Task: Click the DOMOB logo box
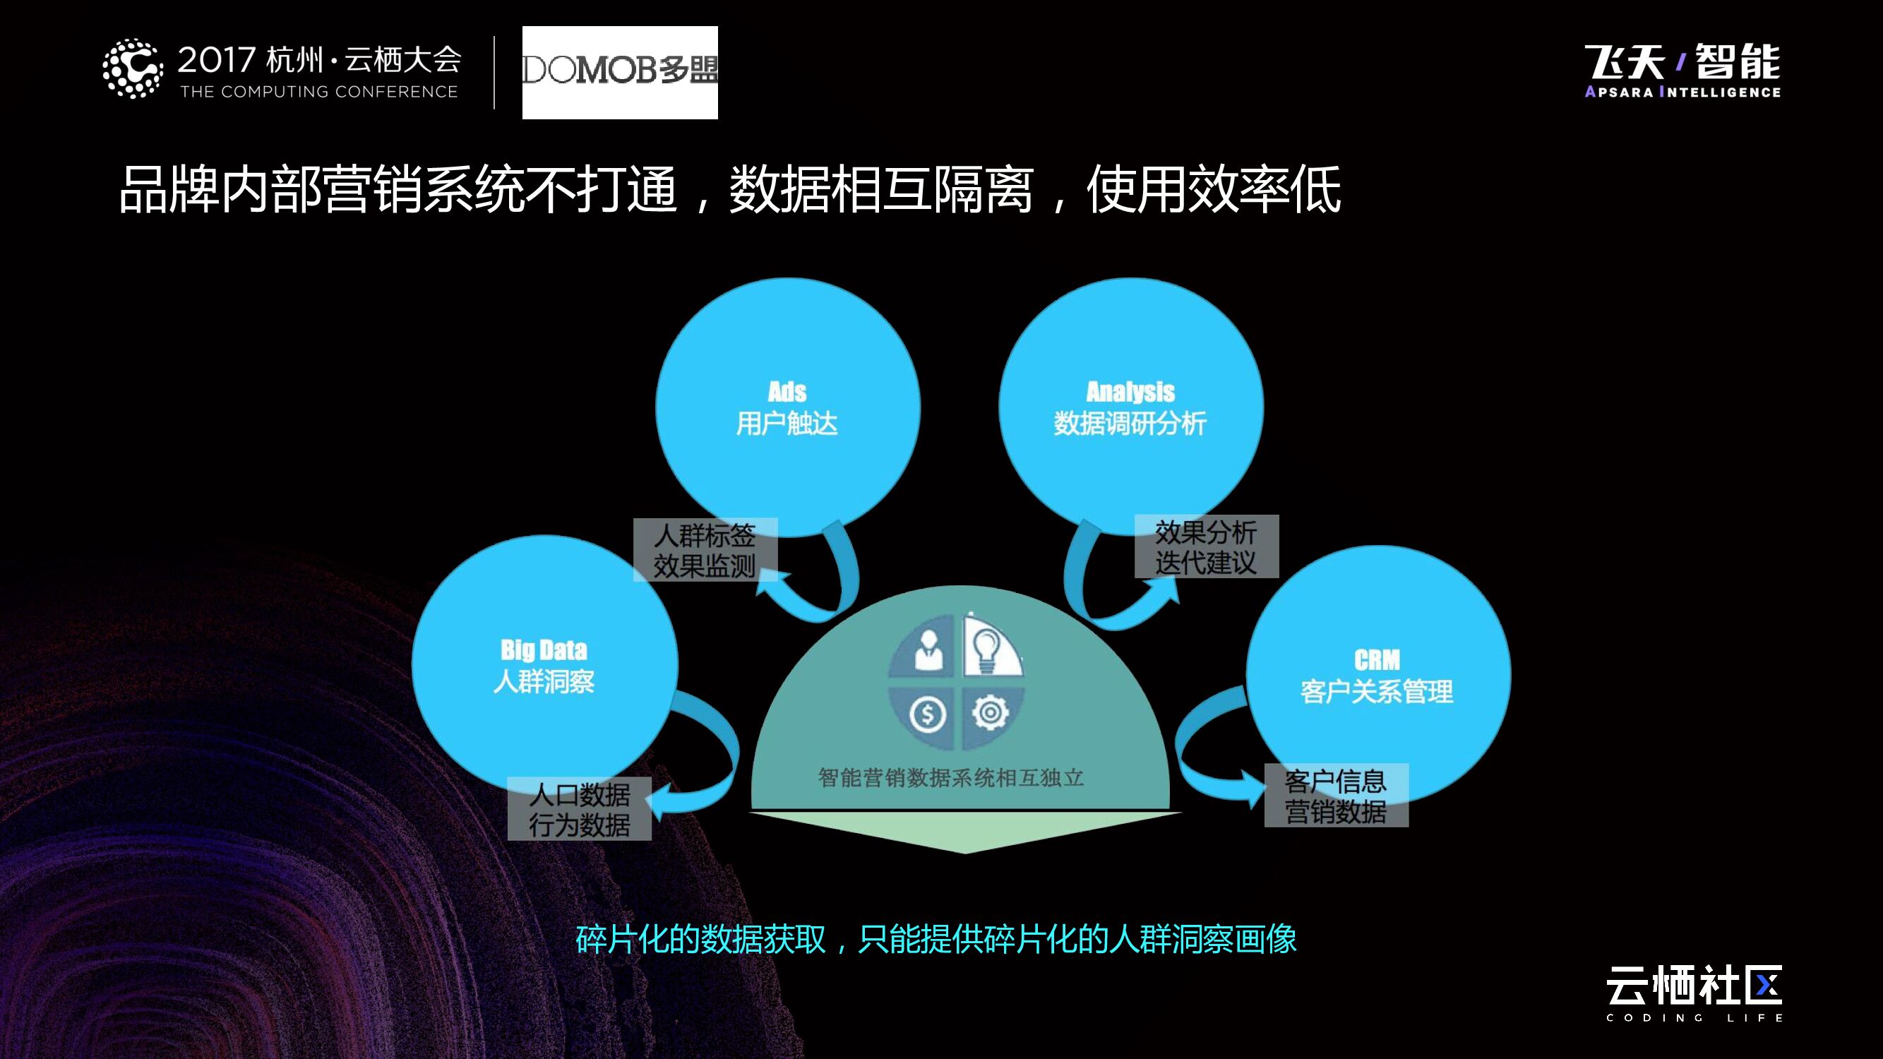[x=620, y=72]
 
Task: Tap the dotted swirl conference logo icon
[x=132, y=68]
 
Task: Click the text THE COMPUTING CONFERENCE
[x=318, y=92]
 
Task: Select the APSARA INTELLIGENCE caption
[x=1682, y=92]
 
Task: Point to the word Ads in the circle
[x=787, y=393]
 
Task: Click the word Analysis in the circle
[x=1130, y=393]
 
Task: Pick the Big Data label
[x=544, y=650]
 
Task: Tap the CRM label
[x=1377, y=660]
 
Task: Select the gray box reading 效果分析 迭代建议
[x=1206, y=546]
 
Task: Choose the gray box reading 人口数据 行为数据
[x=579, y=809]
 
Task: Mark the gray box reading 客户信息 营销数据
[x=1337, y=796]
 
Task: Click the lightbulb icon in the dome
[x=988, y=648]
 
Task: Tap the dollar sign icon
[x=928, y=714]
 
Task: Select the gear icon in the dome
[x=991, y=712]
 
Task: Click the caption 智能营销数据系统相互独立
[x=950, y=777]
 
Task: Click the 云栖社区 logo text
[x=1694, y=985]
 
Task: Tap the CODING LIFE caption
[x=1694, y=1018]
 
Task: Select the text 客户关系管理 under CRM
[x=1377, y=691]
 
